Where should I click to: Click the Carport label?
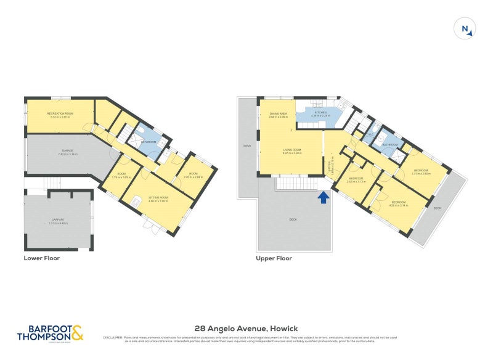[x=58, y=221]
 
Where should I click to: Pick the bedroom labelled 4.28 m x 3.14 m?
[x=398, y=203]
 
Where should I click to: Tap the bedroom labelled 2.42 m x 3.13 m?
[x=356, y=181]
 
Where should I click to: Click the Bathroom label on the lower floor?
[x=147, y=142]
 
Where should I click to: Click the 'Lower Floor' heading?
[x=41, y=258]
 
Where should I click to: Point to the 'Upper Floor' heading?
[x=274, y=258]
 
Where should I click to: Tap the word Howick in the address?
[x=280, y=329]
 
